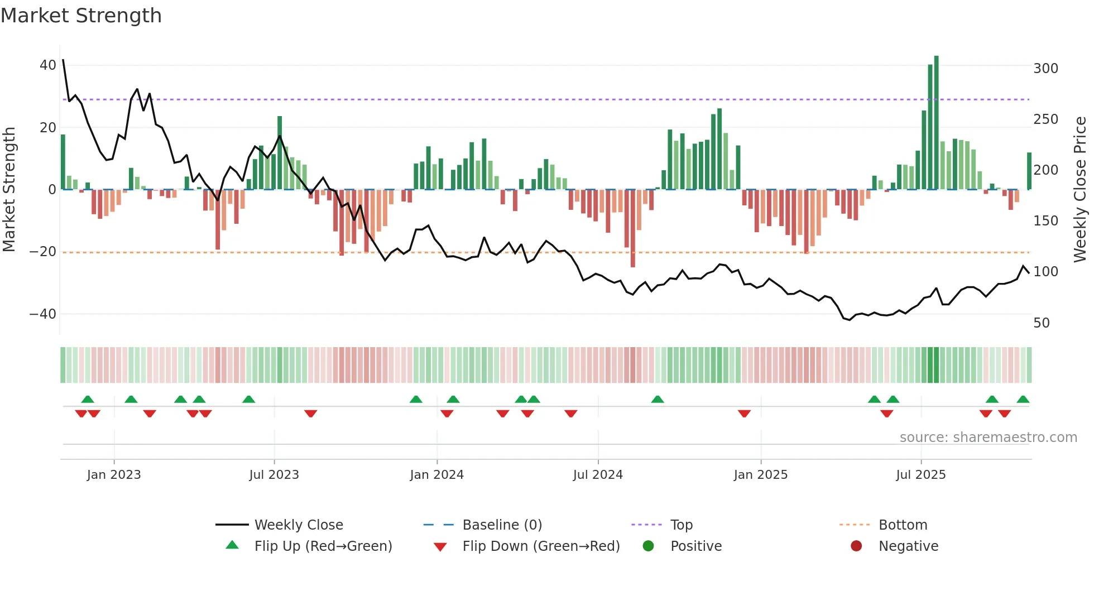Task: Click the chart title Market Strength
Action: pyautogui.click(x=81, y=16)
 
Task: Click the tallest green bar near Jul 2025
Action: pyautogui.click(x=936, y=123)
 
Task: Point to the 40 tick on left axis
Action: pyautogui.click(x=48, y=65)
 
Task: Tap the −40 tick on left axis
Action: pyautogui.click(x=44, y=314)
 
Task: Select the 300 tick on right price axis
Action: pyautogui.click(x=1045, y=69)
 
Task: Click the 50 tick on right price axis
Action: pyautogui.click(x=1042, y=323)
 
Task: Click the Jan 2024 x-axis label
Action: pyautogui.click(x=436, y=475)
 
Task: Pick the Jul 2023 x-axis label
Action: pyautogui.click(x=274, y=475)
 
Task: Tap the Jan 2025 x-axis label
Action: pyautogui.click(x=760, y=475)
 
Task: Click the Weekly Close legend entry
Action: pyautogui.click(x=299, y=525)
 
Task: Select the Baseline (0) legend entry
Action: pyautogui.click(x=502, y=525)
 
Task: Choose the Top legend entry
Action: pyautogui.click(x=681, y=525)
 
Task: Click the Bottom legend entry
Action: pyautogui.click(x=903, y=525)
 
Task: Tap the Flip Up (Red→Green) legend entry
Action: pyautogui.click(x=323, y=546)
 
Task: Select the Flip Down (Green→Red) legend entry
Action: pyautogui.click(x=541, y=546)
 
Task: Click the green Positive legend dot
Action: pyautogui.click(x=648, y=546)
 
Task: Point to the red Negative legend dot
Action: pyautogui.click(x=856, y=546)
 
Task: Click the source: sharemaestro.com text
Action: pyautogui.click(x=988, y=438)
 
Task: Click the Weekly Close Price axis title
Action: pyautogui.click(x=1081, y=190)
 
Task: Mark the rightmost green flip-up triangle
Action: pyautogui.click(x=1023, y=400)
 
